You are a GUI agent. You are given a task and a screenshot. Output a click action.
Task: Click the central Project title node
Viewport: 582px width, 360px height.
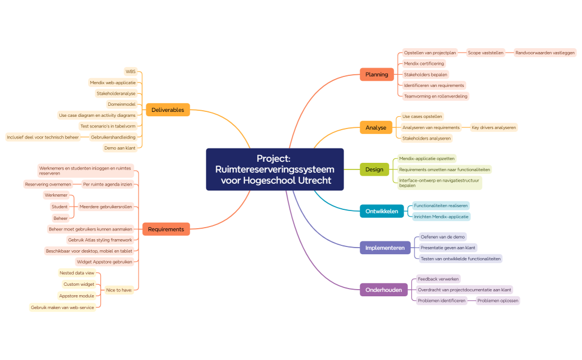(274, 169)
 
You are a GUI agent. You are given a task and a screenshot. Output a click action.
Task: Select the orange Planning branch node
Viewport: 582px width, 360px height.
(376, 74)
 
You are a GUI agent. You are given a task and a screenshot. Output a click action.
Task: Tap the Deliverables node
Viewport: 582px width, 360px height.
(167, 110)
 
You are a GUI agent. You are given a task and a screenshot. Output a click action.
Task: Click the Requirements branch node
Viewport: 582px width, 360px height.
(166, 229)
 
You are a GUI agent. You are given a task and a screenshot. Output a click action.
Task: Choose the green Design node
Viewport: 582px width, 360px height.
(374, 169)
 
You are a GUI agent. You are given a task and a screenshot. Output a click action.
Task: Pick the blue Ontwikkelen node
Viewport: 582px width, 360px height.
(381, 211)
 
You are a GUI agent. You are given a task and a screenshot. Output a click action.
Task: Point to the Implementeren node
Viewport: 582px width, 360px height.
(385, 248)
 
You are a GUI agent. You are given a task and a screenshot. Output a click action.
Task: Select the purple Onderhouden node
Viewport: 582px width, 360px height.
(384, 290)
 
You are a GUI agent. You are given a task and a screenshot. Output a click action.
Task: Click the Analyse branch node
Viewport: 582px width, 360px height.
(376, 127)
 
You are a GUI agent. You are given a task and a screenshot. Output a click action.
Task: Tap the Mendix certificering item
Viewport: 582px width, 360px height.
(423, 64)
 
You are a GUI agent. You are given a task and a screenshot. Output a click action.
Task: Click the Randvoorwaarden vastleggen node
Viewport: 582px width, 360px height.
(545, 53)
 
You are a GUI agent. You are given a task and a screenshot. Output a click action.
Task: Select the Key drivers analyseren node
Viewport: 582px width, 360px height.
(493, 127)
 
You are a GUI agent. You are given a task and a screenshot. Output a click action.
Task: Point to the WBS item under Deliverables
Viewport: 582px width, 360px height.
(130, 71)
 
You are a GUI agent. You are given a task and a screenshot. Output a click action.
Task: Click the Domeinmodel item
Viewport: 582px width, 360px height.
(121, 104)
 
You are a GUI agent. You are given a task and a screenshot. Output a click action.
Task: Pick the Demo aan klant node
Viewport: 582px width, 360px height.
(119, 148)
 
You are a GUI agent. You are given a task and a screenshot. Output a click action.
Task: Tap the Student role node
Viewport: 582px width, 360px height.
(59, 207)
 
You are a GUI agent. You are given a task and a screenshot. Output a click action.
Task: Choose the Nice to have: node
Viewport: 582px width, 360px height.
(119, 290)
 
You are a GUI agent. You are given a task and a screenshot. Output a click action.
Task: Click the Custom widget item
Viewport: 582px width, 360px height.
(79, 284)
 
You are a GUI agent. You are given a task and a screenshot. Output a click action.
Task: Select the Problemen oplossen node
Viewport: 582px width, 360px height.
(498, 301)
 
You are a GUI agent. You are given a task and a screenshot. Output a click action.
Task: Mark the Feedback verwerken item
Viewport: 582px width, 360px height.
(438, 279)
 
